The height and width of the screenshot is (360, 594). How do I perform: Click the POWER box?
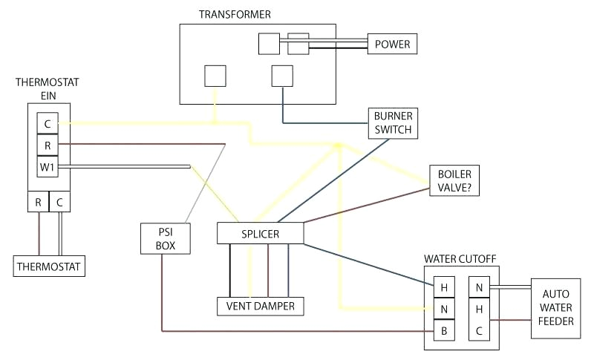[392, 44]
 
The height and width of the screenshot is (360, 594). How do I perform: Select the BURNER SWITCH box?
[393, 123]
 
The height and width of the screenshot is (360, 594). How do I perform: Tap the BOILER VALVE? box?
[454, 180]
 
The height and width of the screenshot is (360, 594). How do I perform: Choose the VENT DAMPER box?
[260, 305]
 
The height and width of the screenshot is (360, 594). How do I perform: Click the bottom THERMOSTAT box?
[49, 265]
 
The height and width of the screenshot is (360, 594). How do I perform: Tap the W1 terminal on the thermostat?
[48, 167]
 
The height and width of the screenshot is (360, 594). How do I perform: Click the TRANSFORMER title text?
[235, 14]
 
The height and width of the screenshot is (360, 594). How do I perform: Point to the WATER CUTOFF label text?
[460, 259]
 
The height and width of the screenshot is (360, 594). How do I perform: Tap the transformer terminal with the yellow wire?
[215, 76]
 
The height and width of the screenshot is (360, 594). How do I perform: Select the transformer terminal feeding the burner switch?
[282, 76]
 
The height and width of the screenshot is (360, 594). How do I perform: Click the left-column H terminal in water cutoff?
[443, 287]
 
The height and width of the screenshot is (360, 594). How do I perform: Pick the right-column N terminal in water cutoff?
[479, 287]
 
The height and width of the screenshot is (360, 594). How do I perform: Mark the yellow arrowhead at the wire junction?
[338, 145]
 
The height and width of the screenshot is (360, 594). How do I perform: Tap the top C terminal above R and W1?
[48, 122]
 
